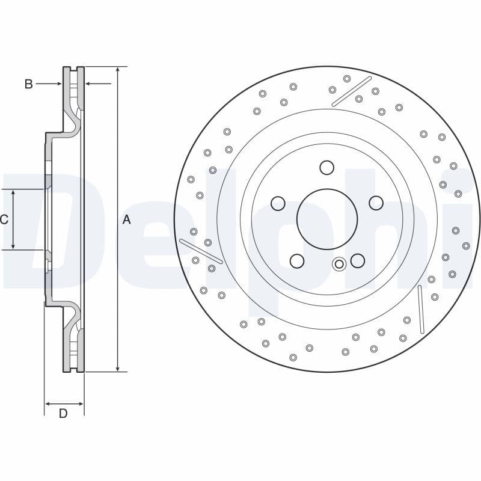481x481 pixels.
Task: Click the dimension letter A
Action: point(126,219)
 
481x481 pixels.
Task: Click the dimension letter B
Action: point(28,84)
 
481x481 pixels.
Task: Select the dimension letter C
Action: point(4,219)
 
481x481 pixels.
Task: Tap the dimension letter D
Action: point(63,414)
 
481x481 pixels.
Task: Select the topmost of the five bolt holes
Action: point(326,167)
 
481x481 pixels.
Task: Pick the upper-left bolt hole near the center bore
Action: point(278,203)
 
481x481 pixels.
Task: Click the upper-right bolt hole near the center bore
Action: point(376,203)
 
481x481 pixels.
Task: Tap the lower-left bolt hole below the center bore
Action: point(296,261)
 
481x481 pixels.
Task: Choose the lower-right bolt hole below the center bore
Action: point(358,260)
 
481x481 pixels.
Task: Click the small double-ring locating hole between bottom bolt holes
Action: point(339,263)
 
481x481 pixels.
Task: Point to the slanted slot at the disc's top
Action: point(351,91)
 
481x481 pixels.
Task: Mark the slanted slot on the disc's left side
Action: point(201,251)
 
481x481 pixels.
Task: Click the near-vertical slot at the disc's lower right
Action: point(421,309)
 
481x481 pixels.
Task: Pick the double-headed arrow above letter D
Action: point(64,403)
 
